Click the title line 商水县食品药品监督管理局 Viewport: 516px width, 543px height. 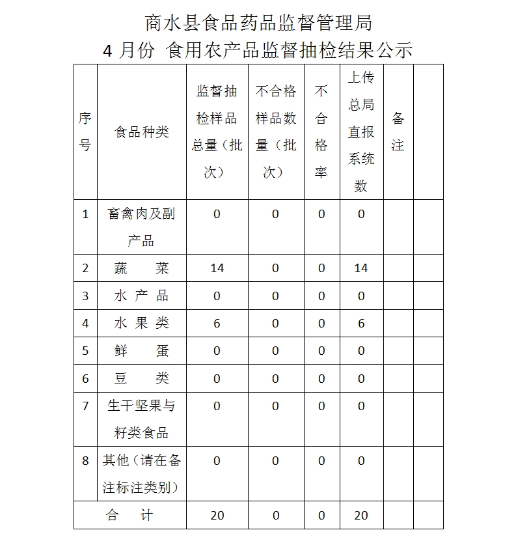point(258,23)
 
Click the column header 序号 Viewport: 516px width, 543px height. point(85,132)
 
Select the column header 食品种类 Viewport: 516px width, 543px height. point(141,132)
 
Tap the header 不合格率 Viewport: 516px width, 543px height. point(321,132)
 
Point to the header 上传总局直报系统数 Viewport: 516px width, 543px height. point(361,132)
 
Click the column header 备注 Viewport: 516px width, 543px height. point(398,132)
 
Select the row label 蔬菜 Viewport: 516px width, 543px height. point(141,268)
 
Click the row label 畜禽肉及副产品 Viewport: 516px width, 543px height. point(141,227)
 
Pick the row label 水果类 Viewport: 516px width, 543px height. point(141,323)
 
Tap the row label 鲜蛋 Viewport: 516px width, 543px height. point(141,351)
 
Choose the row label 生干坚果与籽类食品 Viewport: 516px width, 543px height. point(141,419)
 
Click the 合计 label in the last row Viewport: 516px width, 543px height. point(129,515)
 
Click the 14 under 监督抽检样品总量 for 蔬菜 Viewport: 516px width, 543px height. point(217,268)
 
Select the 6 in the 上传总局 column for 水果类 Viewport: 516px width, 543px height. point(361,323)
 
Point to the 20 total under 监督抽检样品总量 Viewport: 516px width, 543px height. point(217,515)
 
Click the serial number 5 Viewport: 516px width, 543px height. point(85,351)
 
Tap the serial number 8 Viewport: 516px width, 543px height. point(85,461)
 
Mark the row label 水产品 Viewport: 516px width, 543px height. point(141,296)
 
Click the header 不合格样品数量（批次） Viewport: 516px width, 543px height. point(275,132)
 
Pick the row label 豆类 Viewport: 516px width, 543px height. point(141,378)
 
